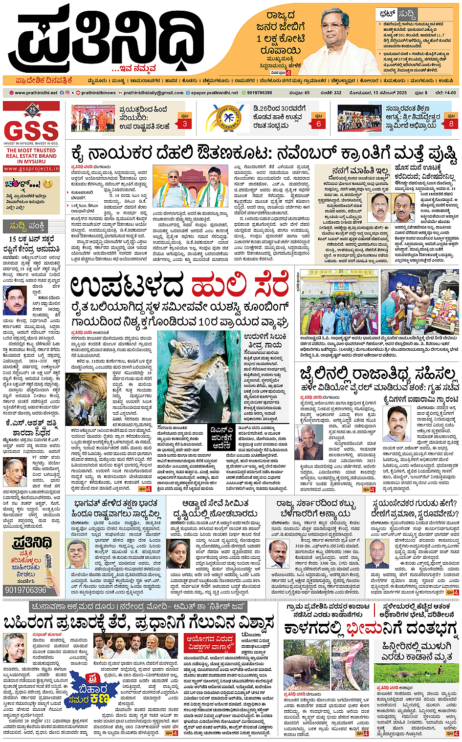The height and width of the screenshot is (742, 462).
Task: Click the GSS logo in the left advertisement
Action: pyautogui.click(x=31, y=130)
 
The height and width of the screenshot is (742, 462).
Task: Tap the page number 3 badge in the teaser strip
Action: pyautogui.click(x=185, y=121)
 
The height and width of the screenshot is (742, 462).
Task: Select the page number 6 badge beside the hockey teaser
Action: pyautogui.click(x=318, y=121)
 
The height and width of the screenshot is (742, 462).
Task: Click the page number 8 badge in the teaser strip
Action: pyautogui.click(x=451, y=121)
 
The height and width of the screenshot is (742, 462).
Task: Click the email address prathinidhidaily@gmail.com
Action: pyautogui.click(x=153, y=92)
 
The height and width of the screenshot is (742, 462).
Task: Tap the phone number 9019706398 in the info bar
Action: pyautogui.click(x=259, y=92)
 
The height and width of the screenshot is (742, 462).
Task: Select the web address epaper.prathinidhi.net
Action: pyautogui.click(x=214, y=92)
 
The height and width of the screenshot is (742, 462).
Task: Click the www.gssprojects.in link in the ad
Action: pyautogui.click(x=31, y=169)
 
